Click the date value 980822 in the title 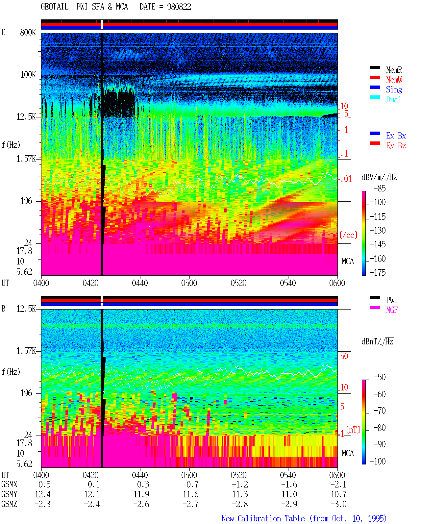pyautogui.click(x=179, y=7)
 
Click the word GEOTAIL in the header pyautogui.click(x=55, y=7)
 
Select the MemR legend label pyautogui.click(x=394, y=70)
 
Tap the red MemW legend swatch pyautogui.click(x=375, y=77)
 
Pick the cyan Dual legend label pyautogui.click(x=394, y=100)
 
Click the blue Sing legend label pyautogui.click(x=394, y=89)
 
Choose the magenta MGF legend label pyautogui.click(x=392, y=310)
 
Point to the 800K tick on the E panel pyautogui.click(x=28, y=32)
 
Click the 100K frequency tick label pyautogui.click(x=28, y=75)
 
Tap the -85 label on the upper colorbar pyautogui.click(x=380, y=188)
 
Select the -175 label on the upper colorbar pyautogui.click(x=378, y=272)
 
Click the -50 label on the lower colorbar pyautogui.click(x=380, y=377)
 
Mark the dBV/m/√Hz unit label pyautogui.click(x=379, y=177)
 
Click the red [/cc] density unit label pyautogui.click(x=348, y=235)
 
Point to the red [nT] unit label pyautogui.click(x=353, y=430)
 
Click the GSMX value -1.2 pyautogui.click(x=240, y=485)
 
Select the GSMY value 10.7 pyautogui.click(x=338, y=494)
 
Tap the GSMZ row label pyautogui.click(x=9, y=504)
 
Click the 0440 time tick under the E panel pyautogui.click(x=140, y=283)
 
